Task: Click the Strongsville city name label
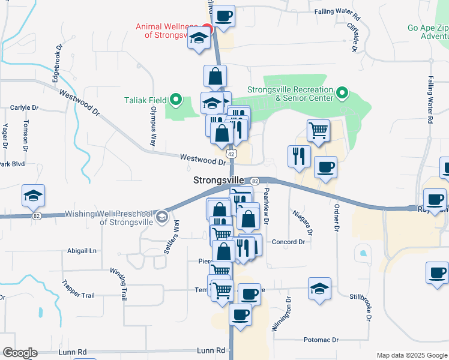click(218, 180)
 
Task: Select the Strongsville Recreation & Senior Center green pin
click(342, 93)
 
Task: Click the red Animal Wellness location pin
click(207, 28)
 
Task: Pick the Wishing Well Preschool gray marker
click(161, 217)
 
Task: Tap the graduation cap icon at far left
click(33, 196)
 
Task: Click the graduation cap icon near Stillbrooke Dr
click(319, 289)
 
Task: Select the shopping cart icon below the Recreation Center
click(318, 130)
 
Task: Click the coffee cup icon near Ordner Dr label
click(325, 167)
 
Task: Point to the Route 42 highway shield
click(232, 154)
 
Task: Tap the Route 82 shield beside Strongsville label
click(255, 181)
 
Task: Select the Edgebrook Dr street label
click(56, 64)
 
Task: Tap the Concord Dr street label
click(289, 242)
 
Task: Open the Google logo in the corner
click(20, 353)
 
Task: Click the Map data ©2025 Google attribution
click(412, 355)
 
